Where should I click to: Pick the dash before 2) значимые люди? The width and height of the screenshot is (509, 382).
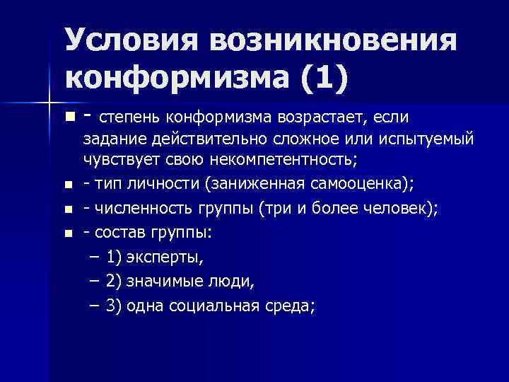(x=95, y=282)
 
